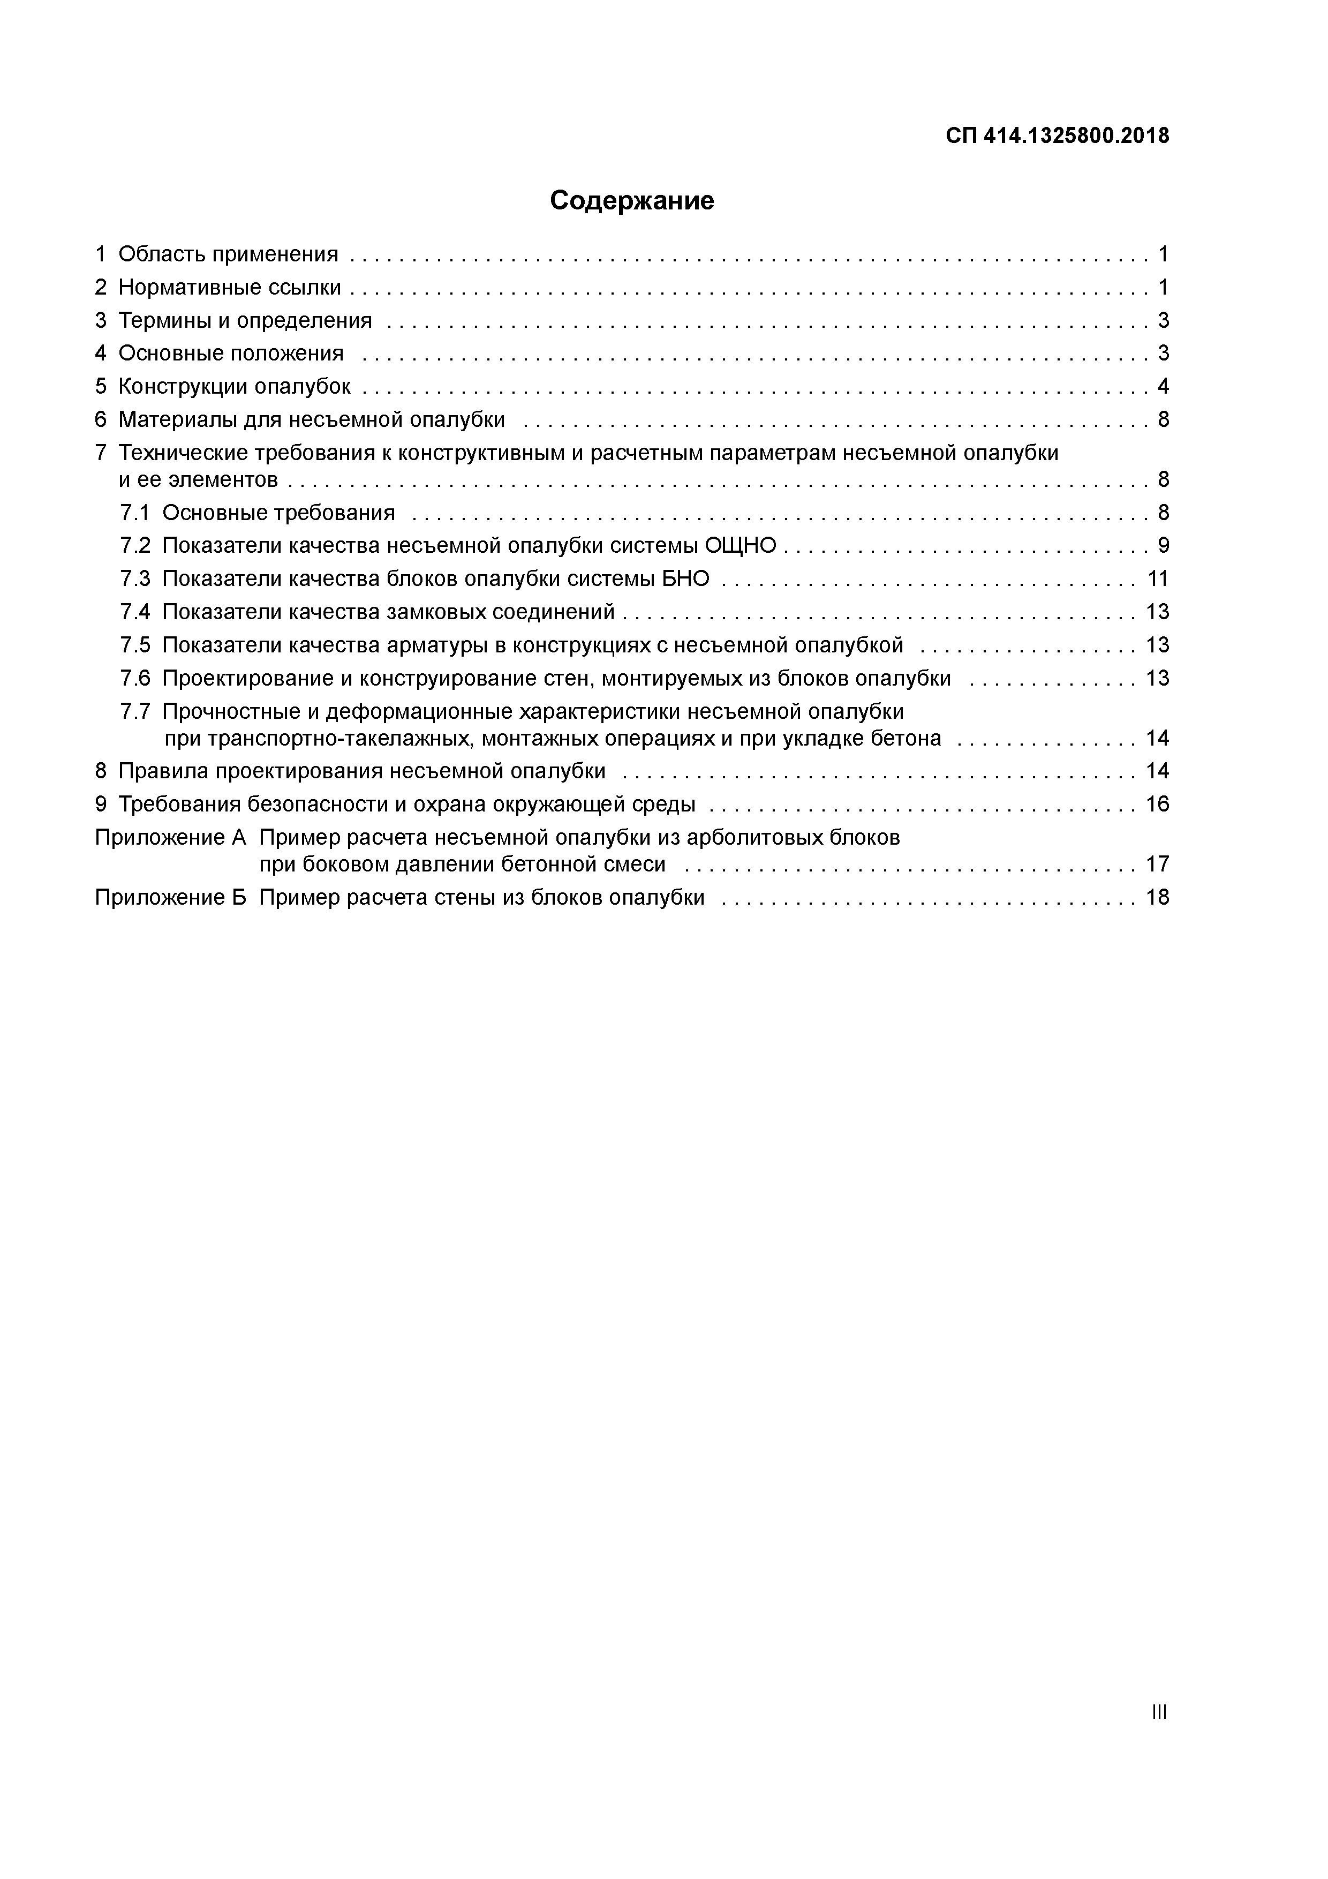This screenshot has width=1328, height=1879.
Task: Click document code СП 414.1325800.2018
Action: coord(1057,136)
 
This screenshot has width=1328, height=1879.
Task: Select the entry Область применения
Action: coord(228,254)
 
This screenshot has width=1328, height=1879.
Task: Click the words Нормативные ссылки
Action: coord(229,287)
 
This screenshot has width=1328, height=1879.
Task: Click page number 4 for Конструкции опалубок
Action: coord(1163,386)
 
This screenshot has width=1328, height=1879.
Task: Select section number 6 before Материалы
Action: coord(101,420)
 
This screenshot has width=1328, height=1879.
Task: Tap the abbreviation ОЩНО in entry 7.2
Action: coord(740,546)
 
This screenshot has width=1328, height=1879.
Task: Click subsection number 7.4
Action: coord(135,612)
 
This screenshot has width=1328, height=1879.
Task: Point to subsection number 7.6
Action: coord(135,679)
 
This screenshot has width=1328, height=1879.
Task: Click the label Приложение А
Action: coord(170,838)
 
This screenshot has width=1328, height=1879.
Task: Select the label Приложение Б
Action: coord(170,898)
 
